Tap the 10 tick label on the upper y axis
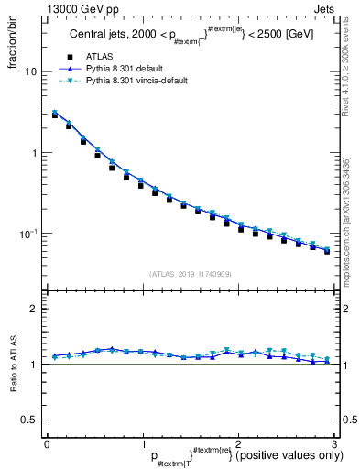click(31, 71)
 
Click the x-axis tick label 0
click(47, 445)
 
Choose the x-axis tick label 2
click(238, 445)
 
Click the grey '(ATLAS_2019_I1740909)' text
click(191, 274)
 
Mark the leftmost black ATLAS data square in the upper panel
click(56, 115)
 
